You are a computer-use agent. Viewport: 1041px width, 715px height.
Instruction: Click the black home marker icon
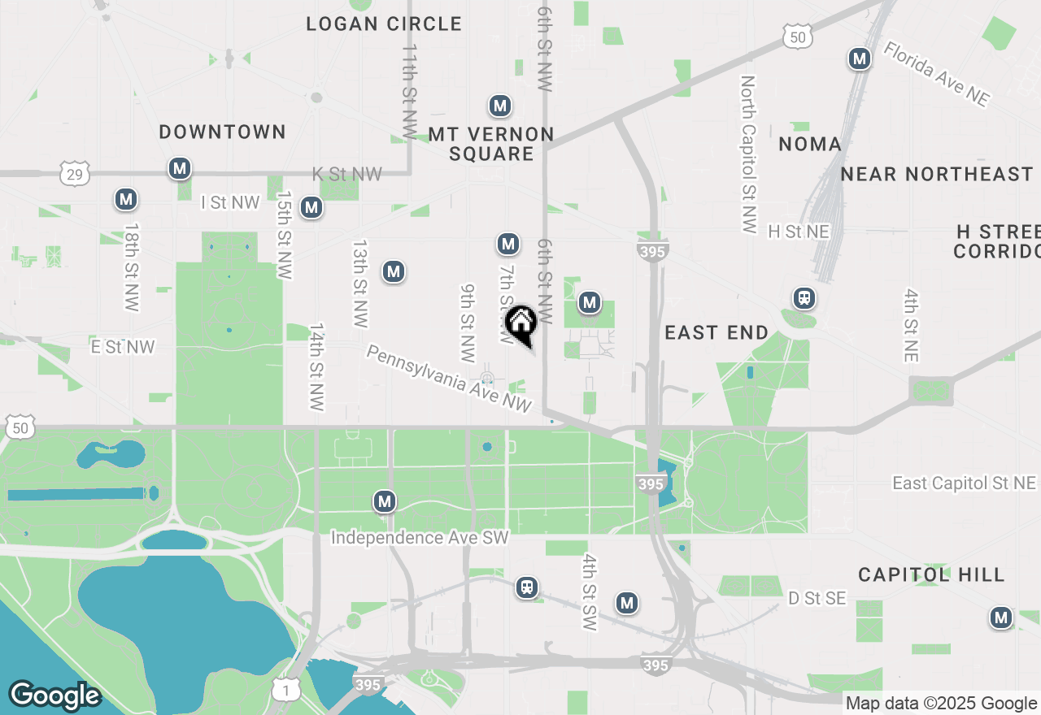pos(520,323)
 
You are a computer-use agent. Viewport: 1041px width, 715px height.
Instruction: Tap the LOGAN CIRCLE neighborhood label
pos(384,24)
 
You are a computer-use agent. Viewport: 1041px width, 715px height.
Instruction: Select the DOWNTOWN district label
pos(223,132)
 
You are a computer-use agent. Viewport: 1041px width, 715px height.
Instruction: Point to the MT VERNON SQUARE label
pos(491,144)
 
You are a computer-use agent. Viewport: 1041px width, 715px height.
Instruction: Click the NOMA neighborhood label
pos(809,145)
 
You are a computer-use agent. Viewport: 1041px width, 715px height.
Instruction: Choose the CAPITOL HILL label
pos(931,575)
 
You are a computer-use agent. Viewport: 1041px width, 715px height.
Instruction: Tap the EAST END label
pos(716,332)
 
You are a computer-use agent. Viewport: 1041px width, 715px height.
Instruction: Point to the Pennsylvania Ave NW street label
pos(449,379)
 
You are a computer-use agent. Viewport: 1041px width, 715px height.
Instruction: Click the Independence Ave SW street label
pos(420,538)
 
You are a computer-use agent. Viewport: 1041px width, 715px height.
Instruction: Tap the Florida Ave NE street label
pos(937,74)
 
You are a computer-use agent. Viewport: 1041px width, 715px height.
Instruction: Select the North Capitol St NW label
pos(748,154)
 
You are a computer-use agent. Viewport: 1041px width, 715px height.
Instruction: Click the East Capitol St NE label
pos(965,483)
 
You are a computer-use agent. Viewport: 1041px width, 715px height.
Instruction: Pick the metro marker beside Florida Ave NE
pos(859,58)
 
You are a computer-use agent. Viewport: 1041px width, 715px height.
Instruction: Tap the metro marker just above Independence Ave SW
pos(385,501)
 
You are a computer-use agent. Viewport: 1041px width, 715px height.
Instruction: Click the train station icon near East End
pos(804,298)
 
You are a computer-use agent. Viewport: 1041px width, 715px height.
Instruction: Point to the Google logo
pos(54,695)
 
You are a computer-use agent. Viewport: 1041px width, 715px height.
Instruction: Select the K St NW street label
pos(347,174)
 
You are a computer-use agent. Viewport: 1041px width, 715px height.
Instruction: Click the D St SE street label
pos(817,599)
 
